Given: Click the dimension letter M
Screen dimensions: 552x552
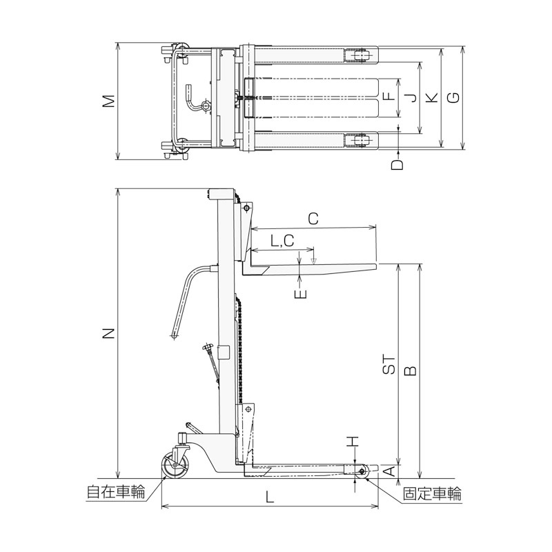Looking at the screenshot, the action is pos(110,101).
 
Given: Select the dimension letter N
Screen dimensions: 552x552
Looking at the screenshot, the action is pos(110,333).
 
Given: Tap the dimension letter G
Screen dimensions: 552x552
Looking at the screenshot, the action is pos(455,97).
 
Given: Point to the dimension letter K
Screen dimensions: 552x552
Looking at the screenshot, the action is pos(433,97).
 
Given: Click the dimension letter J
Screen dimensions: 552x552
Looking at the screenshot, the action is pos(411,97).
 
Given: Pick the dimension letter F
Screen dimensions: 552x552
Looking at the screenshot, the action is pos(389,96).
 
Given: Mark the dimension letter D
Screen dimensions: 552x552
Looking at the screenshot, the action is pos(397,164).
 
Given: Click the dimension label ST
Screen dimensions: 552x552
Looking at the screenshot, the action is pos(389,364).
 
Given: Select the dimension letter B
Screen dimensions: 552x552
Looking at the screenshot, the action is pos(411,371).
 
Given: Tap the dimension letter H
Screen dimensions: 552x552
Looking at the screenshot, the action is pos(353,442).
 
